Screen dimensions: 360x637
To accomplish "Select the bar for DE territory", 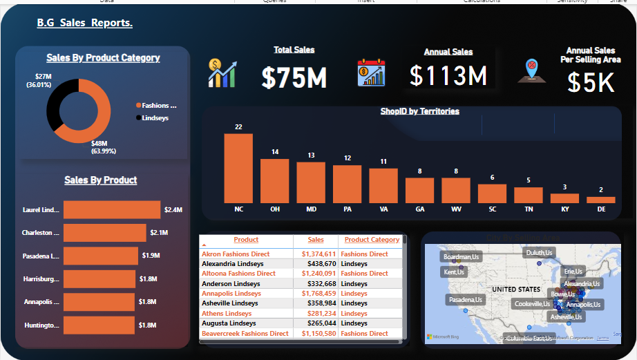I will [x=600, y=200].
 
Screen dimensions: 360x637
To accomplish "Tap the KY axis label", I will [x=564, y=208].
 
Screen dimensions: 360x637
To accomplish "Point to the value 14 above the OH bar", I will [x=274, y=152].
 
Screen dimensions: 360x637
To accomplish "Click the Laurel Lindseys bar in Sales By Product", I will [x=111, y=209].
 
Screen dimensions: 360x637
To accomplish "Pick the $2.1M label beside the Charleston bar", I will [x=159, y=232].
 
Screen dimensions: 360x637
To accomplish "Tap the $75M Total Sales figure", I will [x=294, y=78].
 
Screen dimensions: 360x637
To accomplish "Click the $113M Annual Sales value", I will [x=448, y=75].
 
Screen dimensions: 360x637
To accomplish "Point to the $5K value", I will [x=590, y=82].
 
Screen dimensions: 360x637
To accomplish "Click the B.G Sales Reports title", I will [x=84, y=23].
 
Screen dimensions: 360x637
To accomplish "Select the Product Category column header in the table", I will [x=372, y=240].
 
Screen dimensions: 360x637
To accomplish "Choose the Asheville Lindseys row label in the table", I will [x=229, y=303].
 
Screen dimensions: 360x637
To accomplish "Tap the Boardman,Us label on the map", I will [x=461, y=257].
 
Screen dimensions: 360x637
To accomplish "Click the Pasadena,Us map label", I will [x=466, y=300].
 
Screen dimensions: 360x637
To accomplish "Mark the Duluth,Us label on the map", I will [x=539, y=253].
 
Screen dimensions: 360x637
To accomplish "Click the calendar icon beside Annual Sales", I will [x=371, y=73].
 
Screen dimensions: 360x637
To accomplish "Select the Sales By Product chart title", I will [x=101, y=180].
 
